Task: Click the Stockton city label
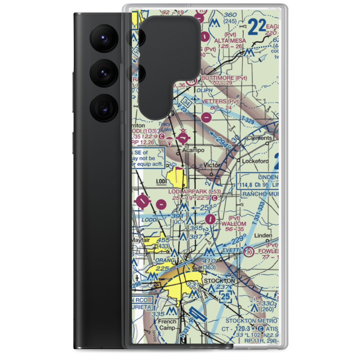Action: click(x=219, y=280)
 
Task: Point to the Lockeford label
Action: click(x=255, y=161)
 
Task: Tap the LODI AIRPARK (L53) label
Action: click(x=194, y=191)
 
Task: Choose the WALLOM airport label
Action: click(x=234, y=224)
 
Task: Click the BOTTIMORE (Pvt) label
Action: click(x=225, y=78)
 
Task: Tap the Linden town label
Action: click(x=263, y=235)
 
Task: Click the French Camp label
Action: click(x=167, y=324)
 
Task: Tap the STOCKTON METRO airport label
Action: click(x=251, y=321)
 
